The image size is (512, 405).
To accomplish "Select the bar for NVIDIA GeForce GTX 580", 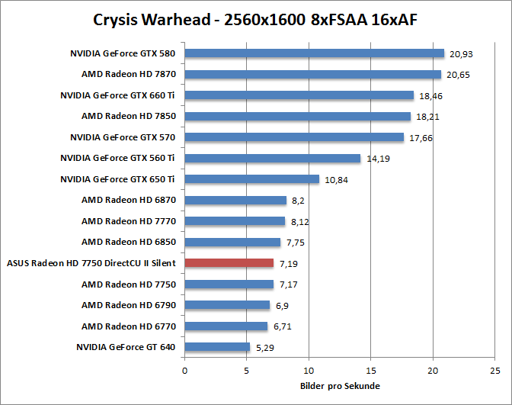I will tap(314, 53).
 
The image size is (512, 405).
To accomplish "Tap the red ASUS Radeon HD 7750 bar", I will tap(229, 263).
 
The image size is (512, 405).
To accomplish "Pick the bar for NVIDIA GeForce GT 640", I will tap(217, 347).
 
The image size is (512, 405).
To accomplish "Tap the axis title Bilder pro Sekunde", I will tap(340, 386).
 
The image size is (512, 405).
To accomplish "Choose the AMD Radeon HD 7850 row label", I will tap(129, 116).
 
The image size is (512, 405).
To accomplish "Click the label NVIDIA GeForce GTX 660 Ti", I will tap(118, 95).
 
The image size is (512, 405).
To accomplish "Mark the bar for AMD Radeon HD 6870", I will tap(235, 200).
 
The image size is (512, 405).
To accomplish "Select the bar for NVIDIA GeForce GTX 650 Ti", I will tap(251, 179).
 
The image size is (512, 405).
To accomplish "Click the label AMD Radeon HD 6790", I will tap(129, 305).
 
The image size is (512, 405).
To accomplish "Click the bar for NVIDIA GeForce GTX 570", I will tap(294, 137).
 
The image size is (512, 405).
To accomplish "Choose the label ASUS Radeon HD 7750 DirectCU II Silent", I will tap(91, 263).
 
